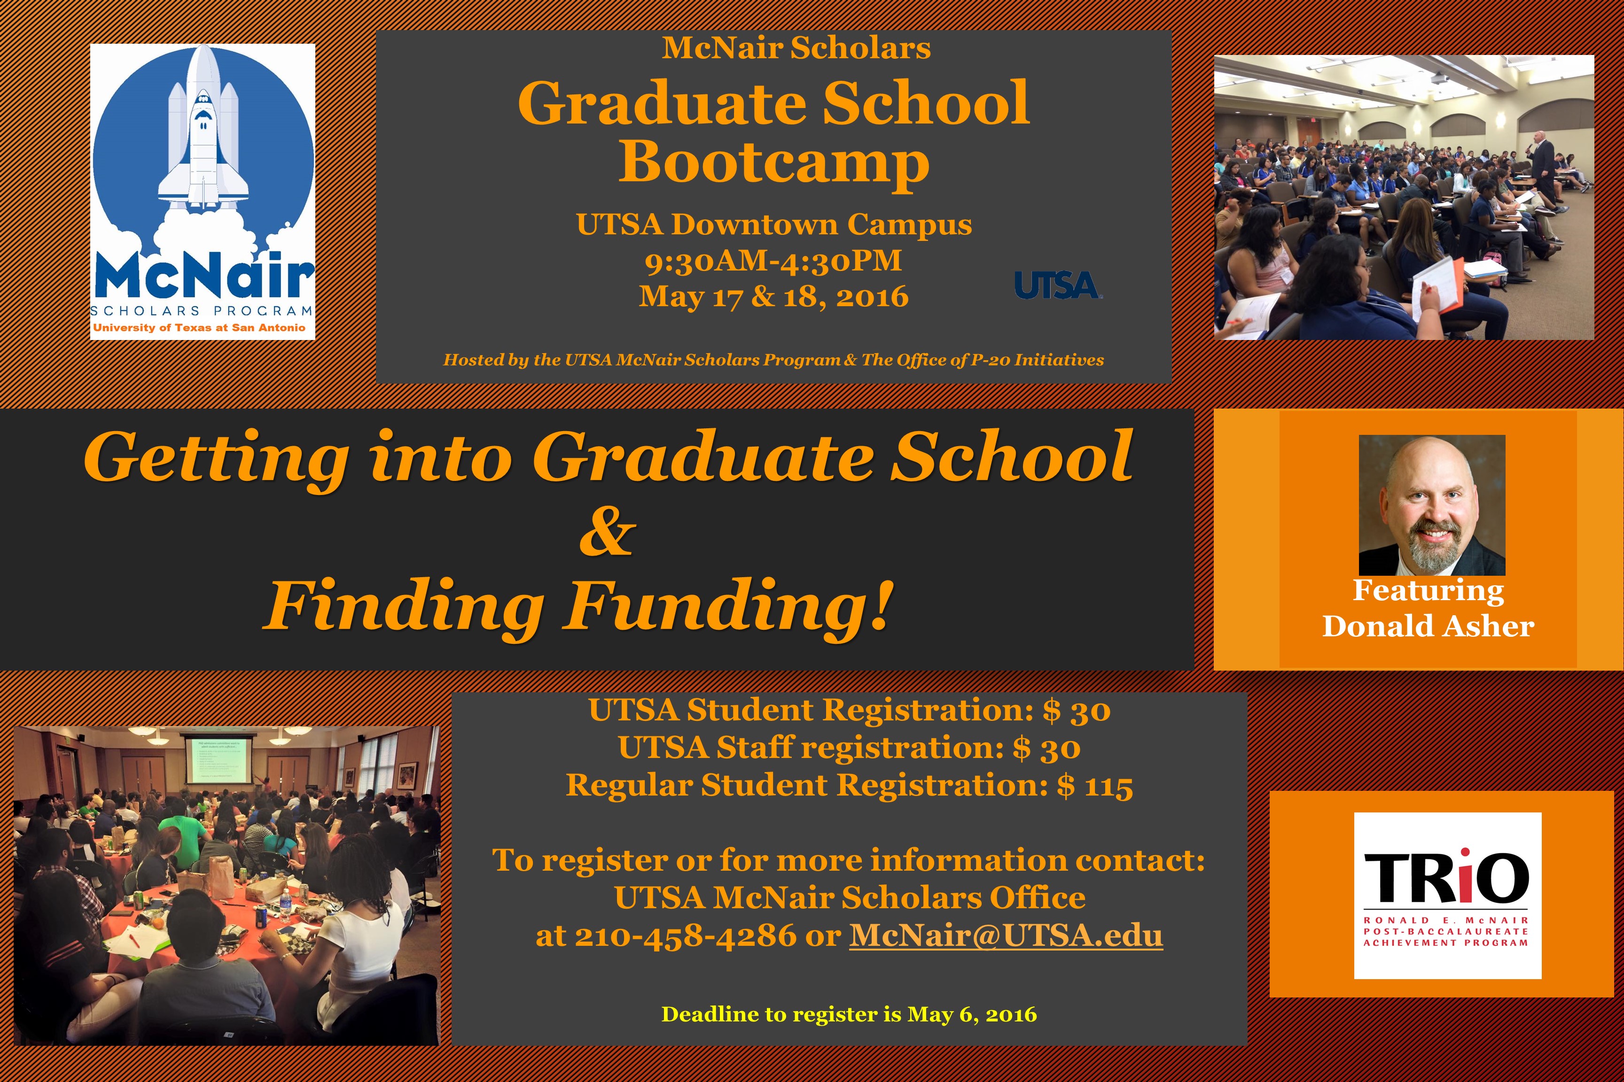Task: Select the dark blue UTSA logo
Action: click(1058, 285)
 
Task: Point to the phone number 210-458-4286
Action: click(686, 935)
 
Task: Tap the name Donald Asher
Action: click(1428, 626)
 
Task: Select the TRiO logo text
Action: click(1446, 878)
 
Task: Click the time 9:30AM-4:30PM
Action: click(773, 261)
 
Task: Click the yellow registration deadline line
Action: click(849, 1014)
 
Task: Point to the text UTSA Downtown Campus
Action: click(774, 225)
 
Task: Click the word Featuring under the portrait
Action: click(1428, 591)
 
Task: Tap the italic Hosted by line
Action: click(773, 360)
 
